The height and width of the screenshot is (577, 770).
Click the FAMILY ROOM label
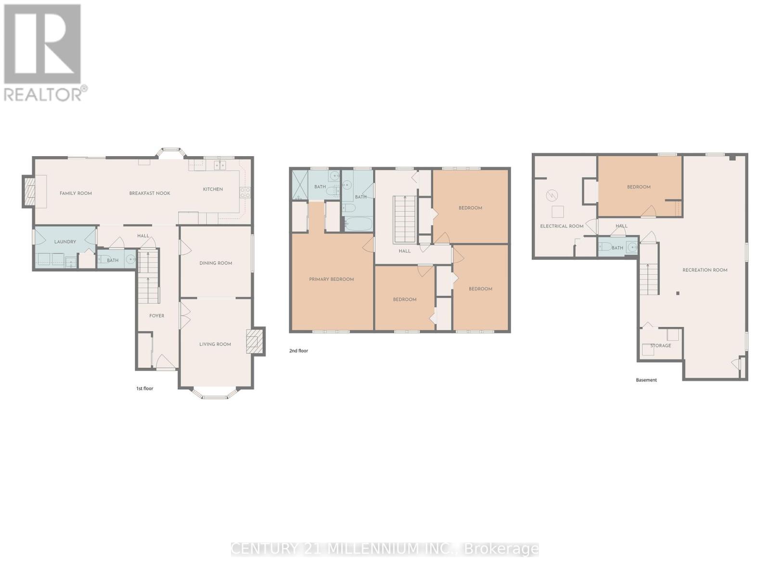(x=76, y=193)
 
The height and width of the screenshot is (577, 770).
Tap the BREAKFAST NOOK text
(x=150, y=193)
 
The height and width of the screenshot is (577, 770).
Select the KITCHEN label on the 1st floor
(x=213, y=189)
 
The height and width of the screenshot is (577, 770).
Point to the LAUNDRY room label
(x=65, y=242)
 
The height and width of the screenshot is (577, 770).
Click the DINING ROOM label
(x=216, y=263)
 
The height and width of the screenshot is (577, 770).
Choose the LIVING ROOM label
(x=215, y=344)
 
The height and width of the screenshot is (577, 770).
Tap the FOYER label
(x=157, y=316)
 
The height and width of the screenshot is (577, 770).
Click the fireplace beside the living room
(x=255, y=341)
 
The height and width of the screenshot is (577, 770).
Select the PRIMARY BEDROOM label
(x=331, y=279)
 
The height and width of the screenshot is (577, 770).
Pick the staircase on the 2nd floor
(x=404, y=219)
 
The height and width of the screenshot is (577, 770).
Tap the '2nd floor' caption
(x=298, y=351)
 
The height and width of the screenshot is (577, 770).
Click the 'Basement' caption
(x=646, y=380)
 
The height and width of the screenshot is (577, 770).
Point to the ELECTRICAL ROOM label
(x=562, y=226)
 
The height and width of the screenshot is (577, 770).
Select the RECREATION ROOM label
(x=705, y=270)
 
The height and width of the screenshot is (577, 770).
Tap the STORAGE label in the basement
(x=660, y=346)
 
